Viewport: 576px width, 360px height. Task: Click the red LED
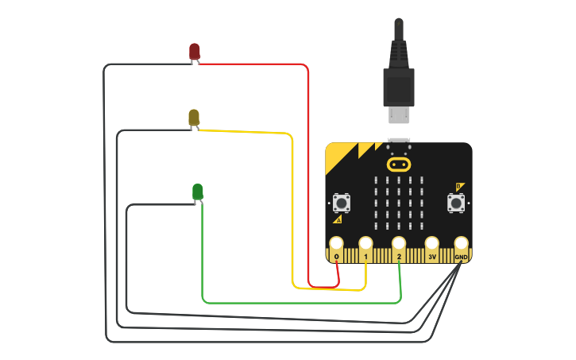[x=194, y=52]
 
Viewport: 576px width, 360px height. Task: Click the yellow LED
[x=194, y=118]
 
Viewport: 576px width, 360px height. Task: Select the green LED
[x=197, y=192]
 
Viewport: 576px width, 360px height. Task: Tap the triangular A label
[x=338, y=219]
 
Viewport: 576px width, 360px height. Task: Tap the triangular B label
[x=459, y=187]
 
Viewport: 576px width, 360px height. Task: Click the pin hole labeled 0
[x=337, y=243]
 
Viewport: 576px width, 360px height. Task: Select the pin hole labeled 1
[x=365, y=243]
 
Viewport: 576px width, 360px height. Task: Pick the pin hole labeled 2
[x=399, y=243]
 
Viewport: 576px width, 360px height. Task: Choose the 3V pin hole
[x=432, y=243]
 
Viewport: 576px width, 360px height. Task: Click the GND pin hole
[x=461, y=243]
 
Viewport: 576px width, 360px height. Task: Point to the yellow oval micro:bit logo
[x=399, y=165]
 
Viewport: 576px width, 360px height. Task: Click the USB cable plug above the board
[x=399, y=87]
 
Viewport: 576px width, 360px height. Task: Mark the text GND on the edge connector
[x=461, y=257]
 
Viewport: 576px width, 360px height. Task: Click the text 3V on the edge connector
[x=432, y=257]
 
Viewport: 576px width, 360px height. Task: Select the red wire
[x=307, y=159]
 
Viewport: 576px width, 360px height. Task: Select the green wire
[x=302, y=303]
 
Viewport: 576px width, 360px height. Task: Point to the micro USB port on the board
[x=399, y=141]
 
